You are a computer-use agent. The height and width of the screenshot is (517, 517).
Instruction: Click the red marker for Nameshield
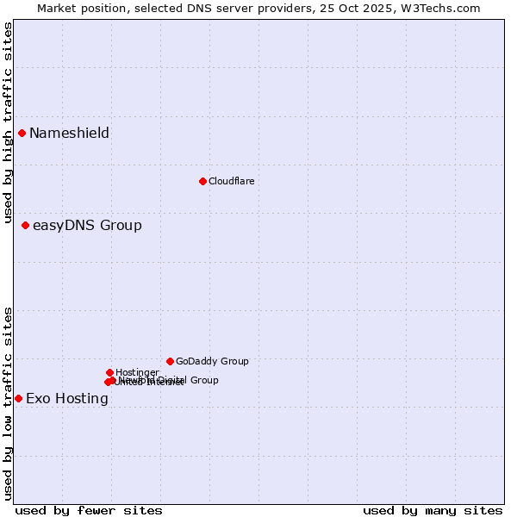click(22, 133)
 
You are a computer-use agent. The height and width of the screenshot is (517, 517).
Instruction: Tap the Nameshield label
click(69, 133)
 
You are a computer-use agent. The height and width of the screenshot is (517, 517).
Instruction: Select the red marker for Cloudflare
click(202, 181)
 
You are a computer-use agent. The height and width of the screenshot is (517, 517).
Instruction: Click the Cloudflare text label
click(231, 181)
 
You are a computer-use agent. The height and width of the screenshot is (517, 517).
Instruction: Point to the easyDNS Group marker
click(25, 225)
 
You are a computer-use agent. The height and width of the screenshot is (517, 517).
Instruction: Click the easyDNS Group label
click(87, 226)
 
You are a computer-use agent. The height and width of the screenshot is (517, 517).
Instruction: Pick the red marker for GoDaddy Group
click(170, 361)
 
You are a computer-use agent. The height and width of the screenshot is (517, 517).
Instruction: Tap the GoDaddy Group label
click(212, 361)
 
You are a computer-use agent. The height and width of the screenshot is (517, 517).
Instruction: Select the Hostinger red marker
click(109, 372)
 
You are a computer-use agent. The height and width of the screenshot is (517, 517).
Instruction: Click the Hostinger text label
click(137, 372)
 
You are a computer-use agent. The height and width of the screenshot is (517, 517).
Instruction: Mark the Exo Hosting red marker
click(18, 398)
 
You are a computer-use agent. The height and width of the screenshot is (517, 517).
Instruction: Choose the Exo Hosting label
click(67, 398)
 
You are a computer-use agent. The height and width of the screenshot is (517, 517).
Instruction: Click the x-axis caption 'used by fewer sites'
click(89, 510)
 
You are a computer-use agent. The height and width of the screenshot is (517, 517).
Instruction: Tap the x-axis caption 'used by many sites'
click(433, 510)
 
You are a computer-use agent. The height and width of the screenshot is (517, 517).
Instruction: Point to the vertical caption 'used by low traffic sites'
click(8, 402)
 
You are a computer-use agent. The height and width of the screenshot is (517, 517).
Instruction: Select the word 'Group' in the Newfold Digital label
click(203, 380)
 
